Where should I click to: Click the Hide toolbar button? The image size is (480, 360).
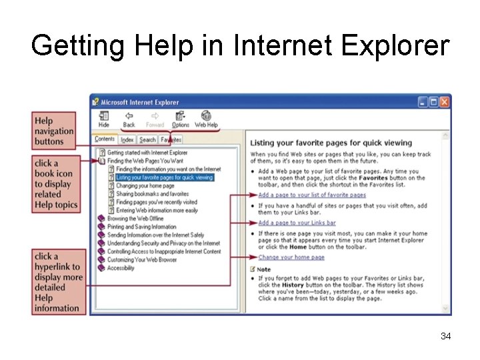(x=104, y=119)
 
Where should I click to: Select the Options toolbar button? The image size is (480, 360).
(x=181, y=119)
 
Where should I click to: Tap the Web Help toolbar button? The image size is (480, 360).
(x=206, y=119)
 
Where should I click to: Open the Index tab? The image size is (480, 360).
(x=127, y=140)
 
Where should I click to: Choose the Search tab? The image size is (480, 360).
(x=147, y=140)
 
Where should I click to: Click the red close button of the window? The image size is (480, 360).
(x=445, y=102)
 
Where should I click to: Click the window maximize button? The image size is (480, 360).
(x=433, y=102)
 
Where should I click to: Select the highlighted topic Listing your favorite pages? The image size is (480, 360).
(x=164, y=177)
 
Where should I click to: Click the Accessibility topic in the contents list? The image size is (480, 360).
(x=121, y=268)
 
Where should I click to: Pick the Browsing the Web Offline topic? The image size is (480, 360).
(x=135, y=219)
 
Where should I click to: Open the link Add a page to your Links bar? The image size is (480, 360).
(x=297, y=223)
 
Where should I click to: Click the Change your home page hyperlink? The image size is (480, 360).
(x=292, y=257)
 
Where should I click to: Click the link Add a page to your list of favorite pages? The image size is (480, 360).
(x=312, y=195)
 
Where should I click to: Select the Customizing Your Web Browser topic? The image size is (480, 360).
(x=142, y=260)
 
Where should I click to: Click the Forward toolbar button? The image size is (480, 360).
(x=155, y=119)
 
